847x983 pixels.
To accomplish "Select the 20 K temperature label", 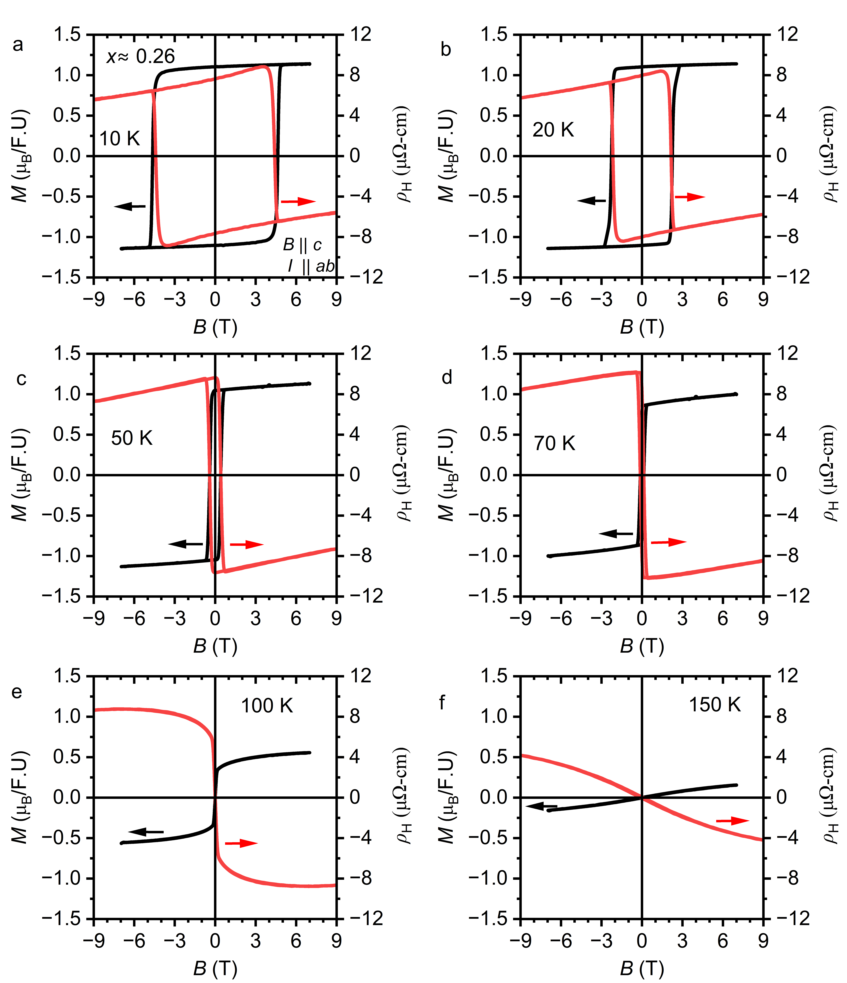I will (553, 129).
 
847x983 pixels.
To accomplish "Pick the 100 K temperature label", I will (267, 705).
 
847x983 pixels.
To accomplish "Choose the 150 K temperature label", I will (715, 705).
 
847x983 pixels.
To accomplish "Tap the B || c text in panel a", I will (302, 245).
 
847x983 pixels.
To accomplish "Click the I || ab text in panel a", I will (311, 266).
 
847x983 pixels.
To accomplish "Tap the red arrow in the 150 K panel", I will (732, 820).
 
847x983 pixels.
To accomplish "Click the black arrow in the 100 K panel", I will (146, 831).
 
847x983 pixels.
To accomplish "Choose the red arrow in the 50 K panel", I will (246, 544).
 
